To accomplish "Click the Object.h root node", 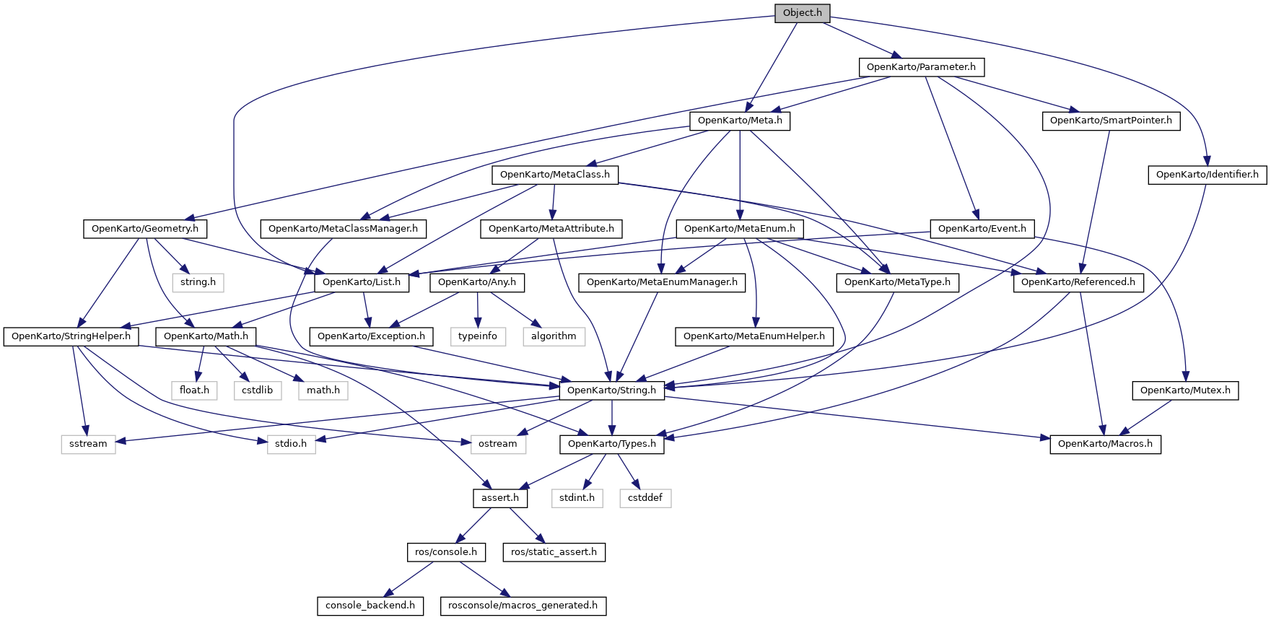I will point(802,13).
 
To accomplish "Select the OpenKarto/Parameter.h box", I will point(921,67).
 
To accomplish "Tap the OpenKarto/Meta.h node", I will point(740,121).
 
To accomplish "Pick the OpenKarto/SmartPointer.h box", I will point(1111,121).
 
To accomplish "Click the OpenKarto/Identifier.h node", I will point(1207,175).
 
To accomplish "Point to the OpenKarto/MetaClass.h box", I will point(554,175).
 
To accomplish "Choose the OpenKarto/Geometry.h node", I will point(144,229).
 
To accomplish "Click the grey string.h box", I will point(198,282).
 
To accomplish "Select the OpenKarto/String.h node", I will point(611,390).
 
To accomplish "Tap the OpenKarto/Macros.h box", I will point(1105,444).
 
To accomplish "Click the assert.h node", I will point(500,498).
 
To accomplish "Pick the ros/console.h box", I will point(445,552).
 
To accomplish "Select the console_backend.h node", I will point(370,606).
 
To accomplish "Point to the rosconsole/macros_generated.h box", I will point(523,606).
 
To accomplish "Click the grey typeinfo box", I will point(477,336).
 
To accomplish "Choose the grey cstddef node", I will point(645,498).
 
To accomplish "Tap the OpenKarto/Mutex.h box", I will point(1185,390).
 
